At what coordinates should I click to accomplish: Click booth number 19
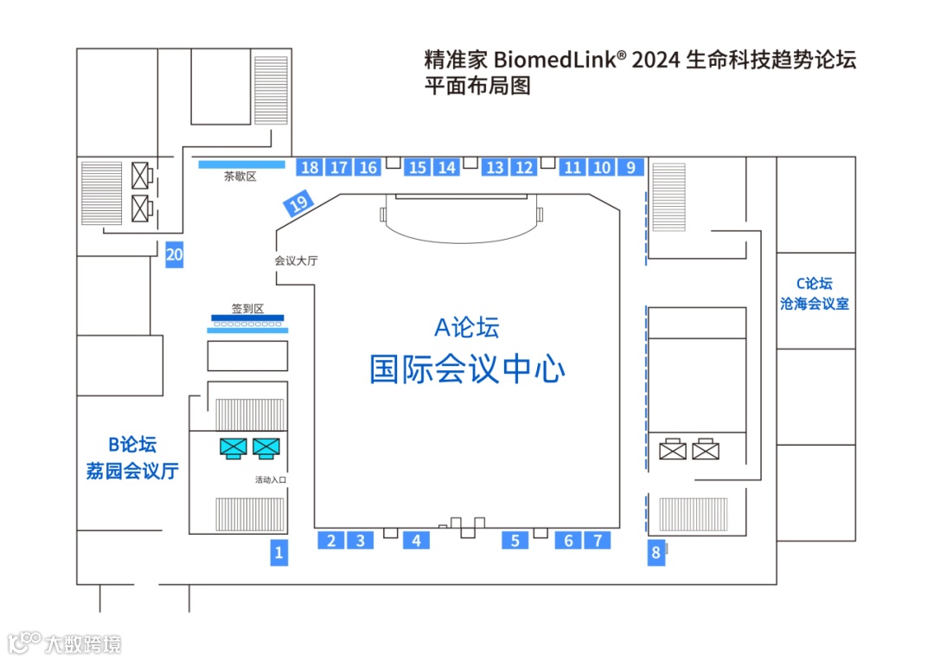point(298,204)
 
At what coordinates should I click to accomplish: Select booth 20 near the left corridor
point(175,254)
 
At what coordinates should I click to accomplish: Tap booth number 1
point(278,552)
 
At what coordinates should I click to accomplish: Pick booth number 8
point(656,552)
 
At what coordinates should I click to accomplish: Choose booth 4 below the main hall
point(416,541)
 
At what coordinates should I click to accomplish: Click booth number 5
point(515,541)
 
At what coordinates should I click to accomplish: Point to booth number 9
point(630,167)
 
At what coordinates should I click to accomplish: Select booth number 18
point(310,167)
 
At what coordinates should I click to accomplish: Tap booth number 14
point(446,167)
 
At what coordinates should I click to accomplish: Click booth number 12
point(524,167)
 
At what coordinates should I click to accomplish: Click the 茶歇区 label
point(240,176)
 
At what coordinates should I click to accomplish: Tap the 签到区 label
point(246,308)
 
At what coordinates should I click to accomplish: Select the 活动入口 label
point(271,479)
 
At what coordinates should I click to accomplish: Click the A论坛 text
point(467,328)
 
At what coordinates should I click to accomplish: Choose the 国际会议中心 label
point(467,369)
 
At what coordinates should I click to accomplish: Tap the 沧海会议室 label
point(815,304)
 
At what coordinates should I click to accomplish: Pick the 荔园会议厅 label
point(132,472)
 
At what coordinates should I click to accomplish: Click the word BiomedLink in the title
point(560,61)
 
